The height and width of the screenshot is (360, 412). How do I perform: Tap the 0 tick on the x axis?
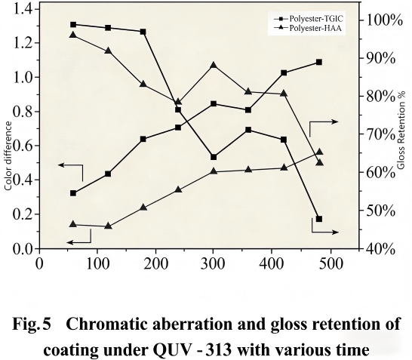tap(38, 263)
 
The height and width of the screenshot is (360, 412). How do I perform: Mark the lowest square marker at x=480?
tap(319, 219)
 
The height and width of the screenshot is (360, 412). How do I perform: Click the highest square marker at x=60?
tap(73, 25)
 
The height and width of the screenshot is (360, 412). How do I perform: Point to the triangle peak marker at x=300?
tap(214, 66)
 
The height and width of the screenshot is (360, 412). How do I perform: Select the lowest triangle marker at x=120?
tap(108, 226)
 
